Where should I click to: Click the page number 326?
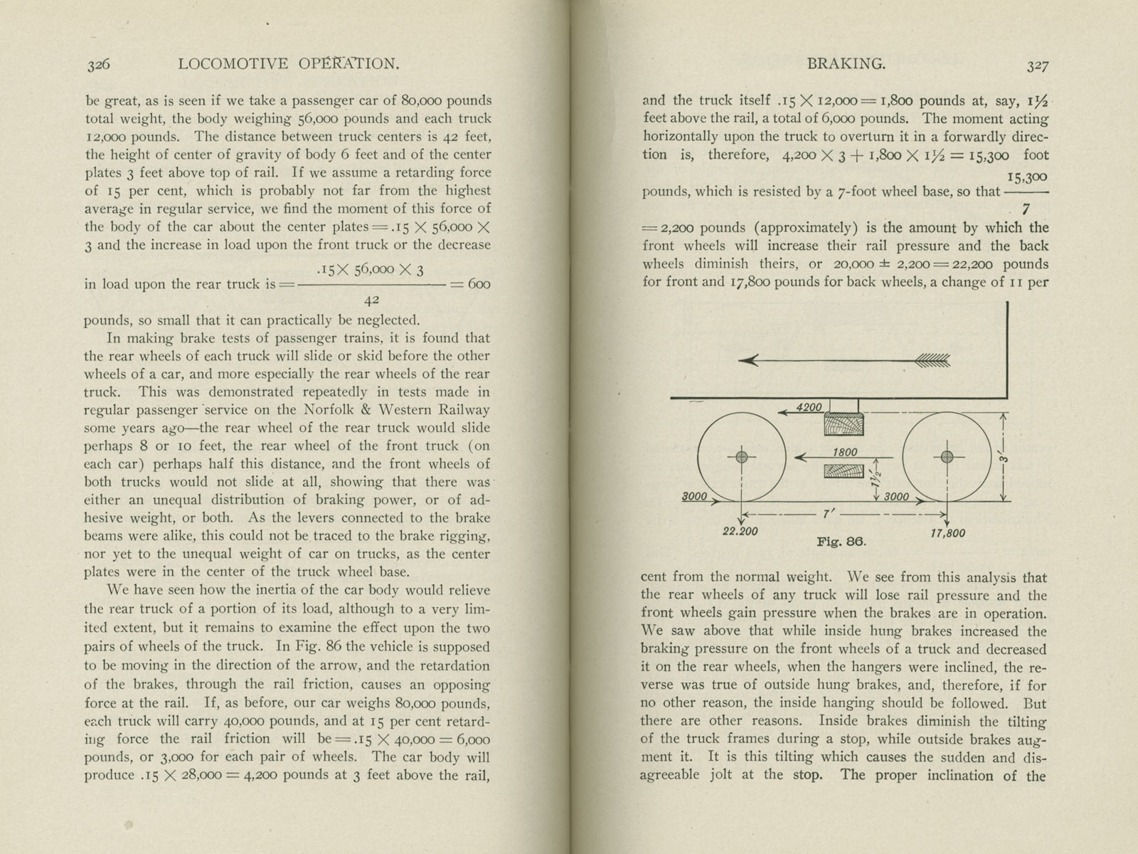[98, 65]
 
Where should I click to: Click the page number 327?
[1038, 65]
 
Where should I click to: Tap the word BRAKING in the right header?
[846, 64]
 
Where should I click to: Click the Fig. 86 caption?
[841, 542]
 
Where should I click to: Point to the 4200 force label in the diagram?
[809, 408]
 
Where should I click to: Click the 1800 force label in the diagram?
[845, 452]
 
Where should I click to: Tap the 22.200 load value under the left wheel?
[740, 532]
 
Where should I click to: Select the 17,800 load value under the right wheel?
[948, 533]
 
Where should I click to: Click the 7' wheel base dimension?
[826, 512]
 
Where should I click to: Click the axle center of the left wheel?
[742, 457]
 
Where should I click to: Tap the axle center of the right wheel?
[947, 457]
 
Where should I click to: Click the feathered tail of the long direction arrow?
[932, 361]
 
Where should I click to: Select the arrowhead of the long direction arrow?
[745, 361]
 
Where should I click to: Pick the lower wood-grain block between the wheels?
[844, 471]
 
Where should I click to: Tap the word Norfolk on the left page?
[331, 410]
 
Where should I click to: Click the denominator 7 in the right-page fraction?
[1025, 210]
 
